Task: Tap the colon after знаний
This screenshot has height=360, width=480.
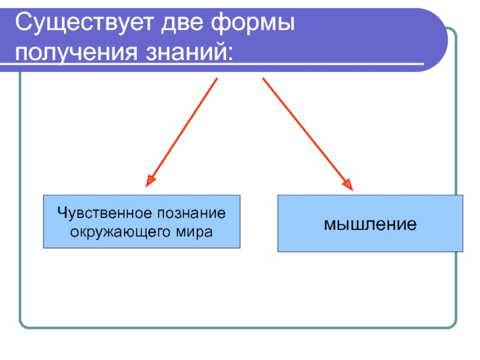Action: pos(230,54)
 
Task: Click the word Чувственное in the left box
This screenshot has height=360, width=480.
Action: pos(103,214)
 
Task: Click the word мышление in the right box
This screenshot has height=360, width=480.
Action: pos(370,224)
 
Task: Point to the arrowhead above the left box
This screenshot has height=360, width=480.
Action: pos(151,179)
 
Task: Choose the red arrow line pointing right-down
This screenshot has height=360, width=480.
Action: pos(305,132)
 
